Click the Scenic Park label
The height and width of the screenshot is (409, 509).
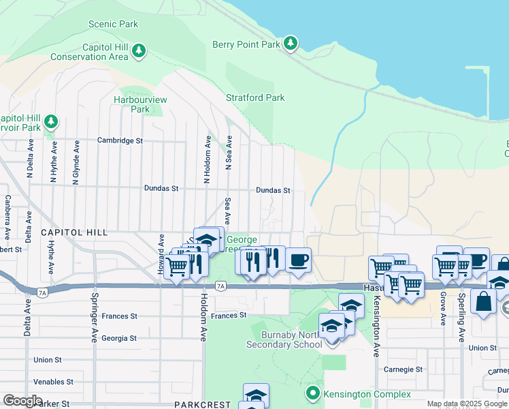tap(113, 25)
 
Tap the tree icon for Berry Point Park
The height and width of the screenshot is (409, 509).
tap(291, 44)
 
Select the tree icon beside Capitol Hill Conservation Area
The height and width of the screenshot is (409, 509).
tap(139, 51)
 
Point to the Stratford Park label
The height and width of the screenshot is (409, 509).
tap(255, 98)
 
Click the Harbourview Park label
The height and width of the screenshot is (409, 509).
tap(139, 104)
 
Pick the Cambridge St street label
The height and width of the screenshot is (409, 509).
tap(120, 140)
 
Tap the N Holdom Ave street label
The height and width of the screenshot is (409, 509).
tap(207, 159)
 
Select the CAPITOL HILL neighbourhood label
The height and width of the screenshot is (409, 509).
tap(74, 232)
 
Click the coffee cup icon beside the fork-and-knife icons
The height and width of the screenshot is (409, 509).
tap(298, 260)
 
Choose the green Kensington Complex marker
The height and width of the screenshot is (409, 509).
tap(313, 393)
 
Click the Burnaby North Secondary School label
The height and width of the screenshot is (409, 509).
tap(292, 339)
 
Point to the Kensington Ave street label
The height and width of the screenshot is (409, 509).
tap(375, 327)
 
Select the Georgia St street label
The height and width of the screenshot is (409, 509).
tap(119, 338)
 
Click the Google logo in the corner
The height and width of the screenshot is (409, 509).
tap(22, 401)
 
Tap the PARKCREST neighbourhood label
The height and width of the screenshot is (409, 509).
tap(202, 404)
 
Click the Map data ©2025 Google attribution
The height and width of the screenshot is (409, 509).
tap(467, 404)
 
